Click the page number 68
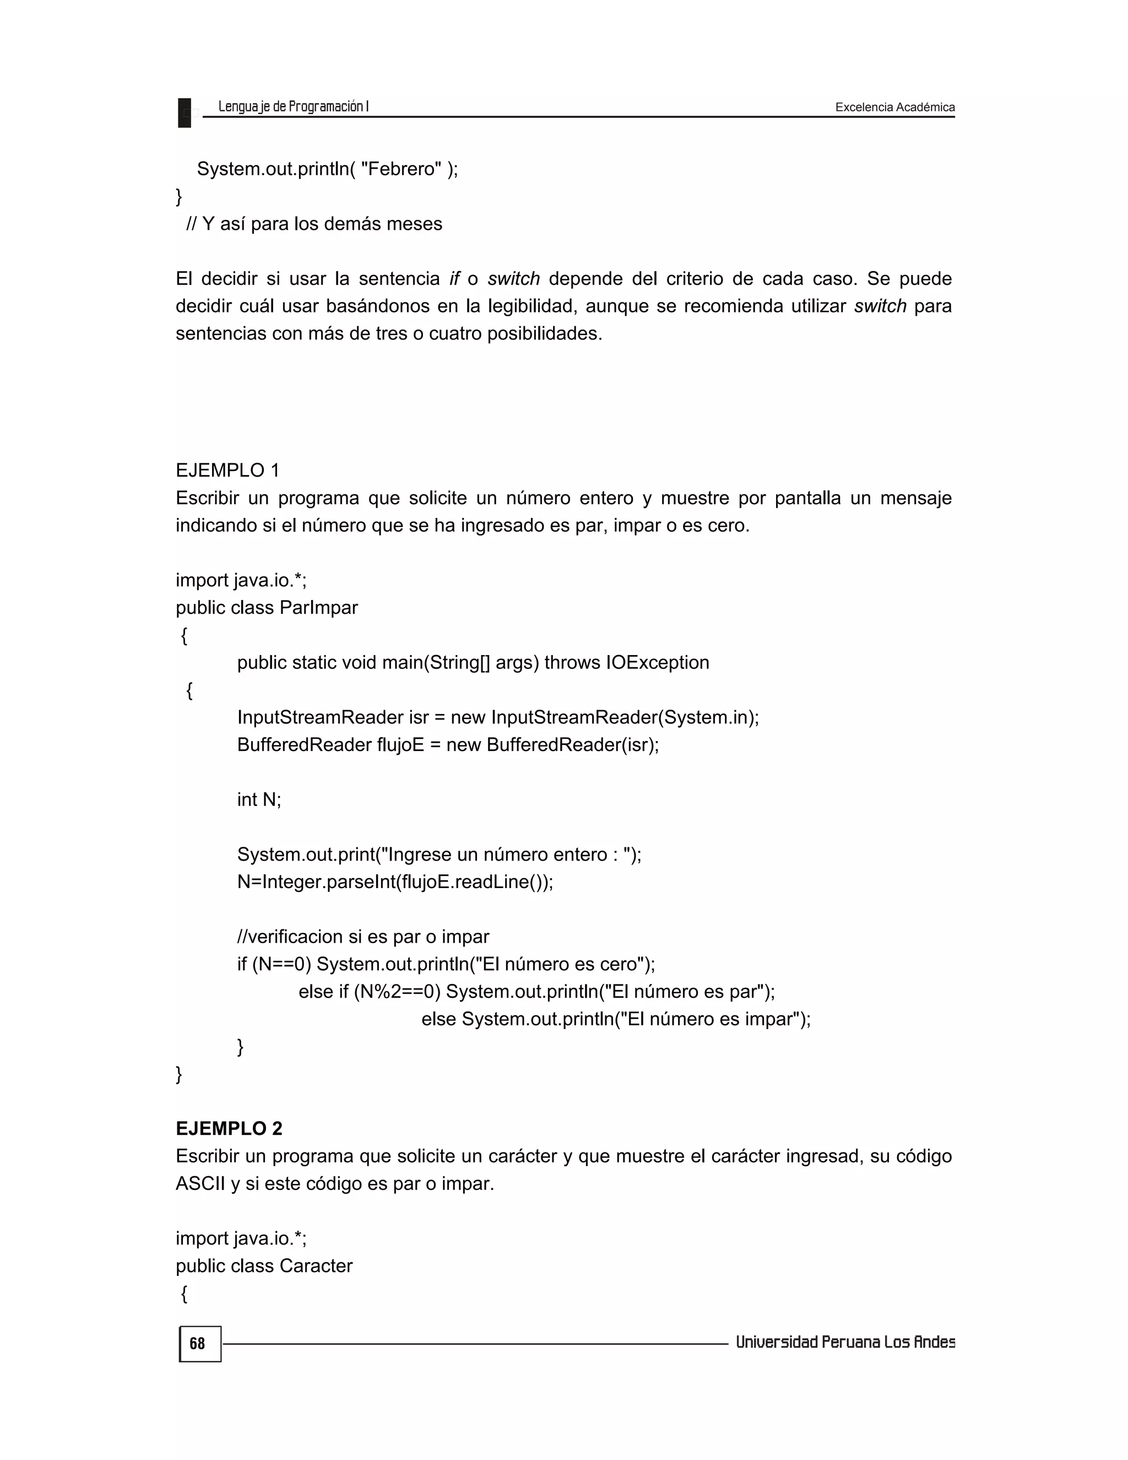coord(198,1344)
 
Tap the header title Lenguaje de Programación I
coord(294,106)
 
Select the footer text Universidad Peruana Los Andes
coord(845,1342)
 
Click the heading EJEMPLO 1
coord(227,471)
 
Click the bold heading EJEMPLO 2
coord(229,1128)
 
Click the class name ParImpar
coord(319,608)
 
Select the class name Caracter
coord(316,1266)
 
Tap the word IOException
coord(658,662)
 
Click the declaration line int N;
coord(259,799)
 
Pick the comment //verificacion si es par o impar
coord(363,937)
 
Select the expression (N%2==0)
coord(397,991)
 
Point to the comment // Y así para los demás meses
coord(314,223)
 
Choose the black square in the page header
coord(185,112)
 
